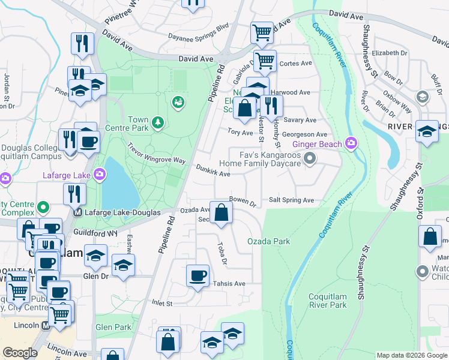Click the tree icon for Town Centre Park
click(x=157, y=122)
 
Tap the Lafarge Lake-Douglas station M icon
click(x=77, y=212)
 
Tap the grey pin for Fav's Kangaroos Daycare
click(x=310, y=158)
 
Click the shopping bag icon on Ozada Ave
click(x=221, y=212)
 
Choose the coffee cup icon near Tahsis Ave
click(x=198, y=276)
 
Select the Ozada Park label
click(x=269, y=241)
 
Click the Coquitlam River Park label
click(x=327, y=301)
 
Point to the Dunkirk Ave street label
click(x=213, y=173)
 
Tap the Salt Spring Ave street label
click(x=291, y=200)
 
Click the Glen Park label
click(x=113, y=327)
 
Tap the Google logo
click(x=19, y=353)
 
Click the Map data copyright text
click(x=411, y=355)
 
